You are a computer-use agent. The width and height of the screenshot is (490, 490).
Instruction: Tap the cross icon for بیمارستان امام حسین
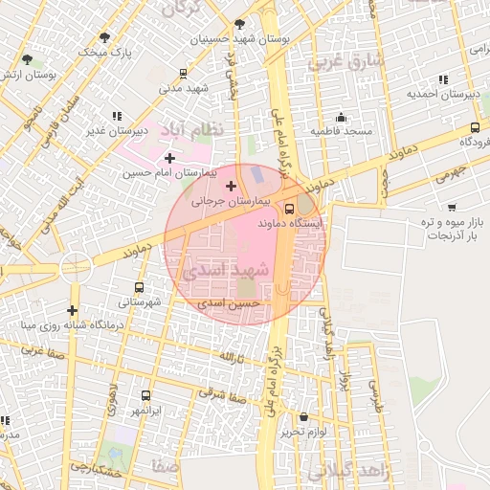[x=170, y=158]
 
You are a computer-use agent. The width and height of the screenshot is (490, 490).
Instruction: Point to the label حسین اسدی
[x=223, y=302]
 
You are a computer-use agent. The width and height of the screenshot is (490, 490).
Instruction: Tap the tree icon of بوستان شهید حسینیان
[x=239, y=25]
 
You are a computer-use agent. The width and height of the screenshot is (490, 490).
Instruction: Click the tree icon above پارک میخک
[x=105, y=37]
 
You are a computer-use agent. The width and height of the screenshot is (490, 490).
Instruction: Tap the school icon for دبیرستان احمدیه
[x=441, y=79]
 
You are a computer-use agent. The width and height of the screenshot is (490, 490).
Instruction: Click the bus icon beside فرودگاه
[x=476, y=127]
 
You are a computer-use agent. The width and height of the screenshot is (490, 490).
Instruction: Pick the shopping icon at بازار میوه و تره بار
[x=451, y=206]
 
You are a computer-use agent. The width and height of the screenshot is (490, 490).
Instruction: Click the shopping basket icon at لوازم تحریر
[x=304, y=417]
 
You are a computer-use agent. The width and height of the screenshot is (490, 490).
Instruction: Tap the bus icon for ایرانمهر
[x=145, y=395]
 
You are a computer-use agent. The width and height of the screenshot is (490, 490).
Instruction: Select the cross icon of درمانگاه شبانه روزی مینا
[x=73, y=310]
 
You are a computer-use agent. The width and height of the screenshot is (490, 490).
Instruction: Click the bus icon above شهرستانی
[x=141, y=287]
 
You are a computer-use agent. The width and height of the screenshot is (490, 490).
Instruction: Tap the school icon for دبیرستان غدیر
[x=117, y=117]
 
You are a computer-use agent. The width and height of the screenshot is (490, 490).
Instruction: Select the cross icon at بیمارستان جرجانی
[x=231, y=185]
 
